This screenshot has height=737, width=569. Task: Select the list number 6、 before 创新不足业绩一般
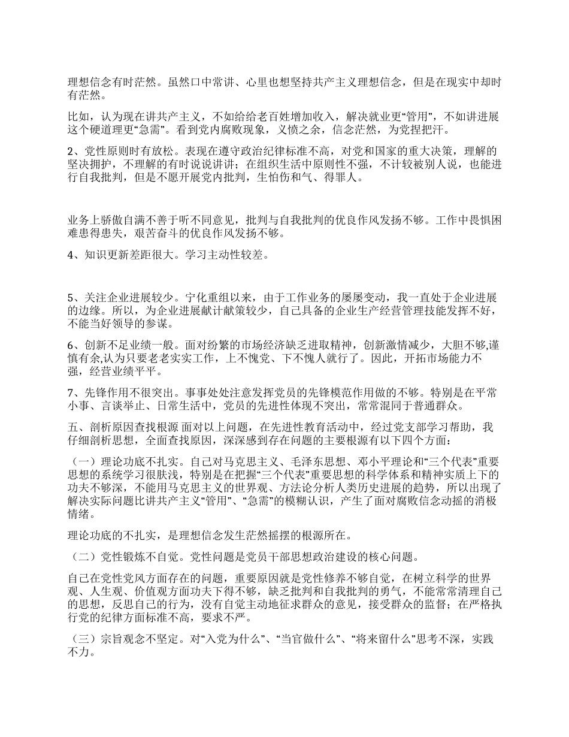(x=73, y=345)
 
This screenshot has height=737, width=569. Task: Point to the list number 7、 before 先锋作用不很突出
(x=73, y=392)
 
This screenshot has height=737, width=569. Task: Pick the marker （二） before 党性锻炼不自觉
(x=83, y=557)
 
